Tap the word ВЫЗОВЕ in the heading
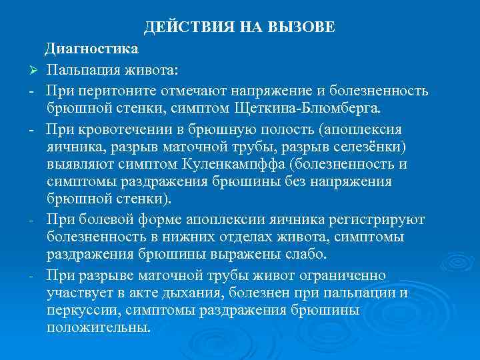pyautogui.click(x=301, y=27)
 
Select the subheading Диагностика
pyautogui.click(x=93, y=49)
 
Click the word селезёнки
pyautogui.click(x=380, y=146)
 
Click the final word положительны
pyautogui.click(x=99, y=328)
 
